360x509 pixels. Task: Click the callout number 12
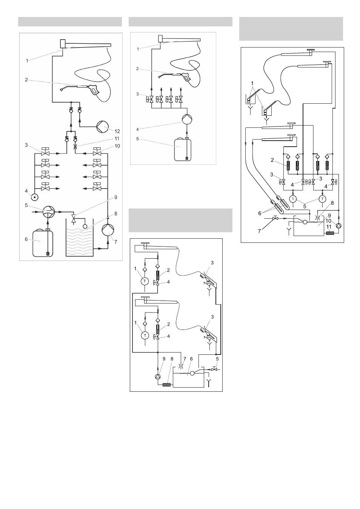point(117,131)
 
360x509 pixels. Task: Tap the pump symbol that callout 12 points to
point(103,127)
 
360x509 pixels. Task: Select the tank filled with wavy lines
point(79,238)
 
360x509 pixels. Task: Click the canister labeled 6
point(43,243)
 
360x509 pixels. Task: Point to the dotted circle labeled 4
point(35,197)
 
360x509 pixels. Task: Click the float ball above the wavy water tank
point(85,226)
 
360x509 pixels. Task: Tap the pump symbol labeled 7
point(108,230)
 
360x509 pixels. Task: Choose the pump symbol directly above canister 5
point(187,119)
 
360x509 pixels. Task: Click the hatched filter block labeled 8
point(168,385)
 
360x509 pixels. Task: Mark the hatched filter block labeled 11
point(330,233)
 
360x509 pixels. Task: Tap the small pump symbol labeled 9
point(158,377)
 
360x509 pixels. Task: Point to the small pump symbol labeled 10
point(338,225)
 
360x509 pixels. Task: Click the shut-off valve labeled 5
point(214,369)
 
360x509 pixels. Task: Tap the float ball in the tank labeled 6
point(192,373)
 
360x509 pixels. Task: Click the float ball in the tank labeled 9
point(305,222)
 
